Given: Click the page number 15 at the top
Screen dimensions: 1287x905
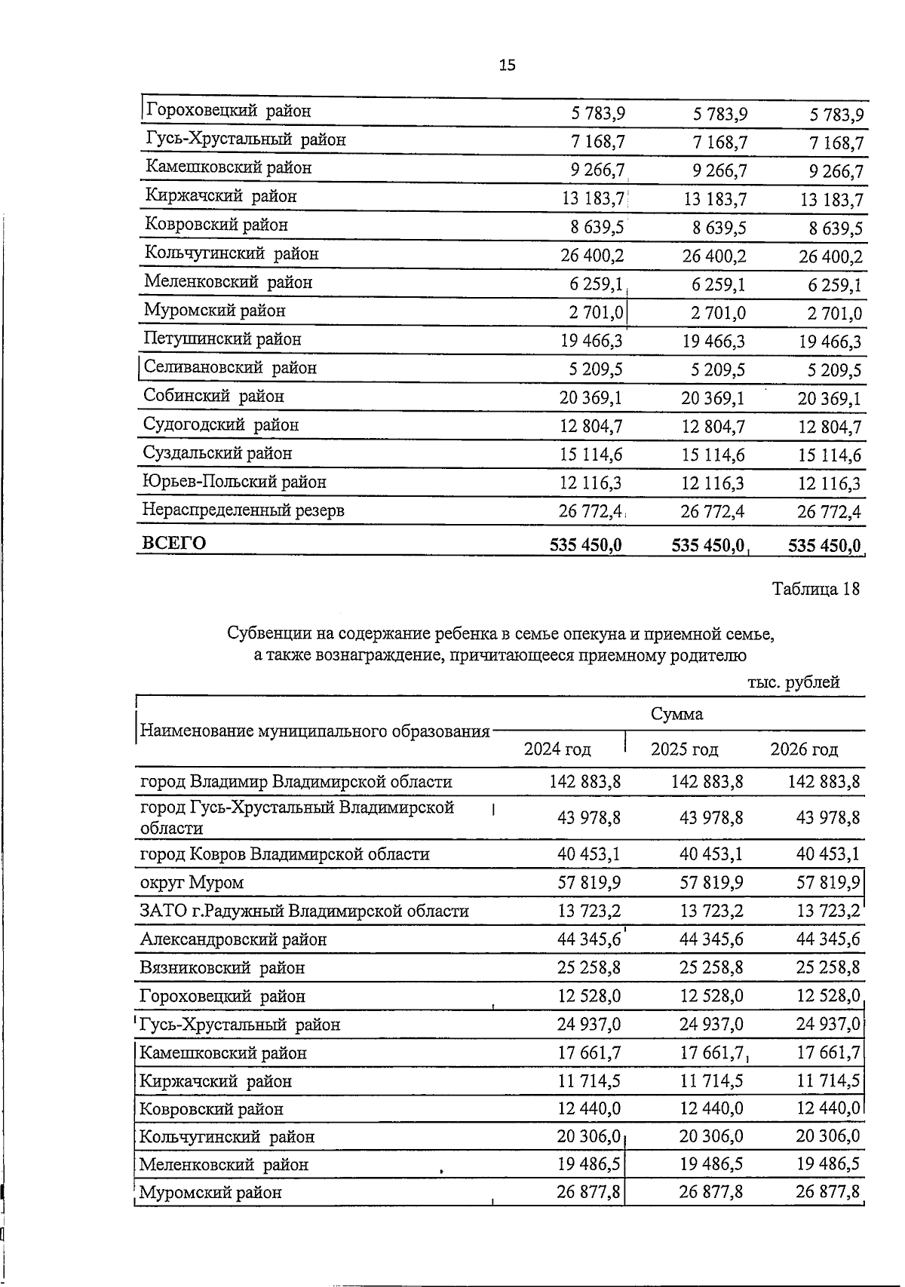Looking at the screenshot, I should [x=507, y=66].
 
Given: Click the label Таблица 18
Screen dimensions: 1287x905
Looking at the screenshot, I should [x=815, y=589].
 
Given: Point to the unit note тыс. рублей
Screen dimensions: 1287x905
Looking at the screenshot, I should [x=793, y=683].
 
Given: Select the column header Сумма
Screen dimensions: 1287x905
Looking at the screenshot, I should [x=676, y=713].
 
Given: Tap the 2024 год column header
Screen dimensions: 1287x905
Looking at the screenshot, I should [x=557, y=749].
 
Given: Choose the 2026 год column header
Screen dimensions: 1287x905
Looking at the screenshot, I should [x=804, y=749].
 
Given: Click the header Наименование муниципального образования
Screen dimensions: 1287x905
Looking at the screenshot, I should [x=315, y=731].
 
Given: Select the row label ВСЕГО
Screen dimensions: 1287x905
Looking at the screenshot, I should [x=173, y=543].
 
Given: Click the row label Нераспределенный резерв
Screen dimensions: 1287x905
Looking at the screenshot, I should [x=243, y=510].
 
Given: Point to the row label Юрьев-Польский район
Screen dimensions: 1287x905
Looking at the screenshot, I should [x=234, y=482].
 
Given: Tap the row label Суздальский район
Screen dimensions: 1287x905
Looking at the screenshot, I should [x=217, y=453].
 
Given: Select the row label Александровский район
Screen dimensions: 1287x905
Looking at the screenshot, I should [x=233, y=939].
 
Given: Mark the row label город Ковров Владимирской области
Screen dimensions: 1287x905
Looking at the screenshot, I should [x=284, y=854].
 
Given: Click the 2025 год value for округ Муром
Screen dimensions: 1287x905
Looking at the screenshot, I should [x=711, y=883].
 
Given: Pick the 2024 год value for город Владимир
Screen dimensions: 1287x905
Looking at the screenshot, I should [x=584, y=782].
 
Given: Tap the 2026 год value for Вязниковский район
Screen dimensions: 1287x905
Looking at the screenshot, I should [x=828, y=968].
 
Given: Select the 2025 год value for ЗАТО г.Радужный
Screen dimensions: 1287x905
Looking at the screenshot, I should [x=711, y=912].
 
